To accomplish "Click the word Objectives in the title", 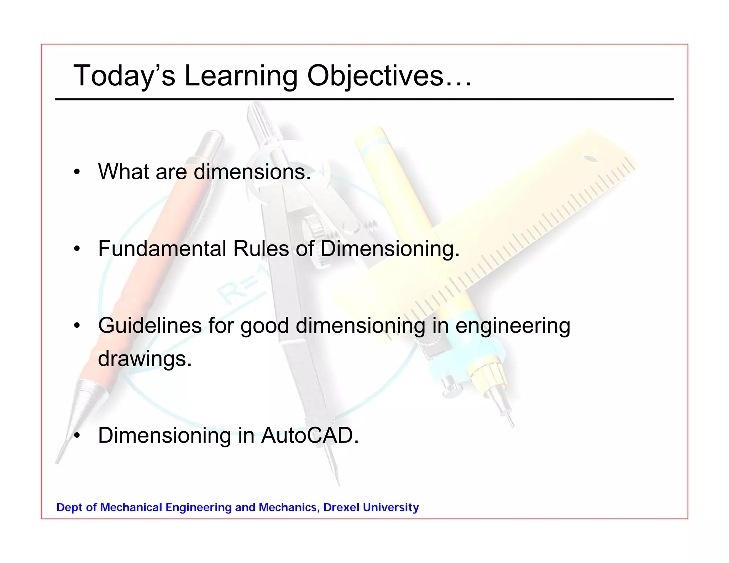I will (389, 76).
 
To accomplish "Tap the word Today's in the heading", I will (124, 76).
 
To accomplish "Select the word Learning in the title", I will (241, 76).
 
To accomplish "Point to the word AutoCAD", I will (310, 435).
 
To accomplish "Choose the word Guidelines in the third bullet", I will (150, 325).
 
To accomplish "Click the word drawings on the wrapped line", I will (145, 359).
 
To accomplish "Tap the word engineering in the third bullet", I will (513, 326).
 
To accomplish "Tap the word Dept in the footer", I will (69, 507).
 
